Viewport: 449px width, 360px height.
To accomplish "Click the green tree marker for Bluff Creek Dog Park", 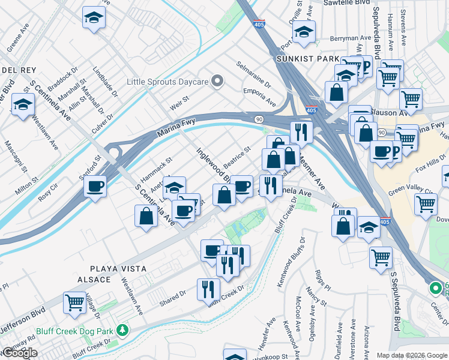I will click(x=123, y=330).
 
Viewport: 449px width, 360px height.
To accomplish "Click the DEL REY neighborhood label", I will click(x=13, y=70).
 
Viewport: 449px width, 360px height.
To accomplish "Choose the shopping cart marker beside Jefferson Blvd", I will click(x=75, y=302).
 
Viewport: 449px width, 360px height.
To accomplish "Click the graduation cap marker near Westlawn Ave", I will click(x=22, y=106).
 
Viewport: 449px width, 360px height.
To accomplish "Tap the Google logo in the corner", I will click(x=19, y=353).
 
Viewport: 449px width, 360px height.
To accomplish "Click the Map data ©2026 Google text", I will click(x=412, y=355).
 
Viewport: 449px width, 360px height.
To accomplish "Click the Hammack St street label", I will click(x=155, y=170).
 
